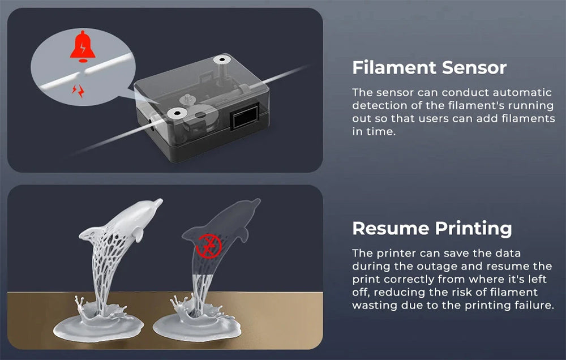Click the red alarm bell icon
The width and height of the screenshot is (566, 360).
pyautogui.click(x=83, y=46)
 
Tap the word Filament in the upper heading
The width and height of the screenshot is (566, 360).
pyautogui.click(x=395, y=67)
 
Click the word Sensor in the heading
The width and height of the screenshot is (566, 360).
pyautogui.click(x=474, y=68)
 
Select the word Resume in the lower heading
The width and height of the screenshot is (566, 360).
pyautogui.click(x=391, y=229)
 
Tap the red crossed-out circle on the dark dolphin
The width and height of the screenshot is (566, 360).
pyautogui.click(x=209, y=246)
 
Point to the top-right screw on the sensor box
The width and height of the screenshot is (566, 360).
pyautogui.click(x=222, y=59)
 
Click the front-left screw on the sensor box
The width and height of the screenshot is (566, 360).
pyautogui.click(x=177, y=113)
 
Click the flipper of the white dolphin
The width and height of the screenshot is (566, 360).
pyautogui.click(x=138, y=235)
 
